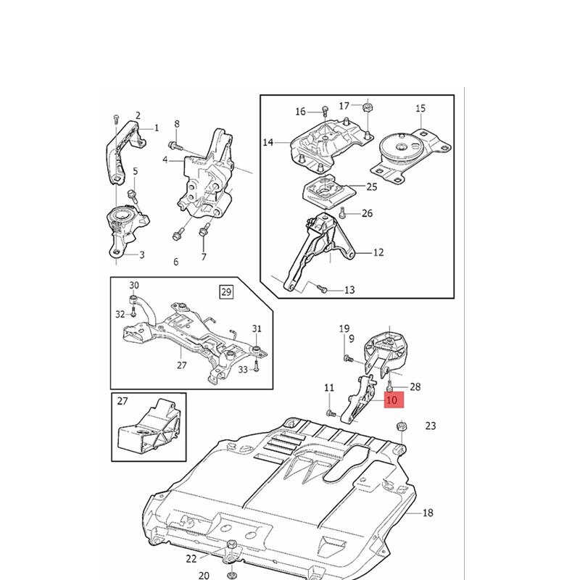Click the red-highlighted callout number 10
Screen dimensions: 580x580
click(392, 399)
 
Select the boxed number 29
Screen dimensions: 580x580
click(227, 292)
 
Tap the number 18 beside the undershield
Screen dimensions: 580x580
click(427, 513)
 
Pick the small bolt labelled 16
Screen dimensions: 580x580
click(323, 112)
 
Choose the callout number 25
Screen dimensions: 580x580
click(371, 186)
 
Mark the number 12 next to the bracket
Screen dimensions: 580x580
click(378, 253)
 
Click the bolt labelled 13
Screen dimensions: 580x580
click(323, 289)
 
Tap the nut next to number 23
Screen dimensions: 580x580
click(400, 428)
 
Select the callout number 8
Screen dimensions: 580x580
click(176, 124)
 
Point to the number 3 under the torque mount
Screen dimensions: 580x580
click(141, 254)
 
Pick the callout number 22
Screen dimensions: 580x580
click(191, 558)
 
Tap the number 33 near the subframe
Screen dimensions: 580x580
click(243, 369)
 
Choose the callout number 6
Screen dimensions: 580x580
click(175, 262)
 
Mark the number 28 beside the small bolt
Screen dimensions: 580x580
click(415, 388)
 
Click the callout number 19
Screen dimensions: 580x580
click(344, 328)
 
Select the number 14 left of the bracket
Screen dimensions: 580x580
click(268, 143)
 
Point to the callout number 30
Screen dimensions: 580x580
click(134, 285)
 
